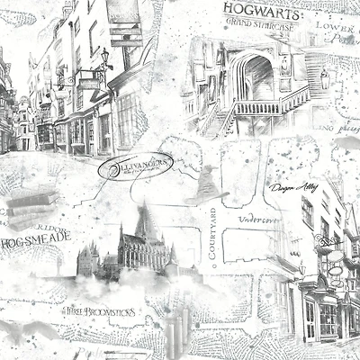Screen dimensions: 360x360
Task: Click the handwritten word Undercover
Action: coord(257,219)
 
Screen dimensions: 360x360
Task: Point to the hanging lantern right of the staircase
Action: coord(326,79)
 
